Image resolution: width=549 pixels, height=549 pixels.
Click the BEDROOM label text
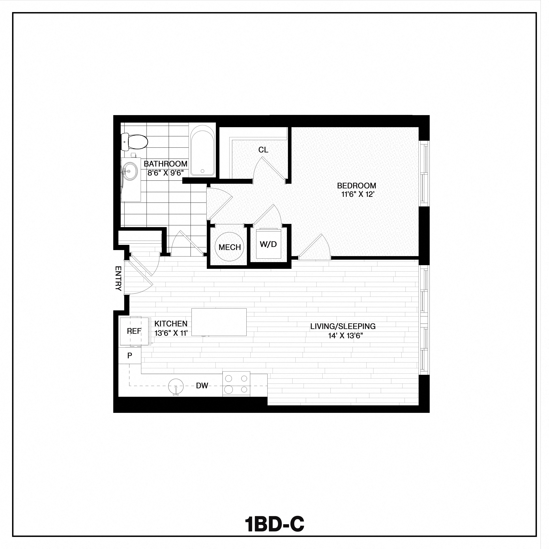tap(356, 186)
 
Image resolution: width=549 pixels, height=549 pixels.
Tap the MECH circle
tap(230, 247)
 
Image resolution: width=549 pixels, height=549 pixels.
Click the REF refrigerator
tap(134, 331)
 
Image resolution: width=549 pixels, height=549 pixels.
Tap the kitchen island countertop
tap(219, 322)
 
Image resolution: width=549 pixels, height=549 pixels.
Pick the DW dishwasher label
tap(202, 386)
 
